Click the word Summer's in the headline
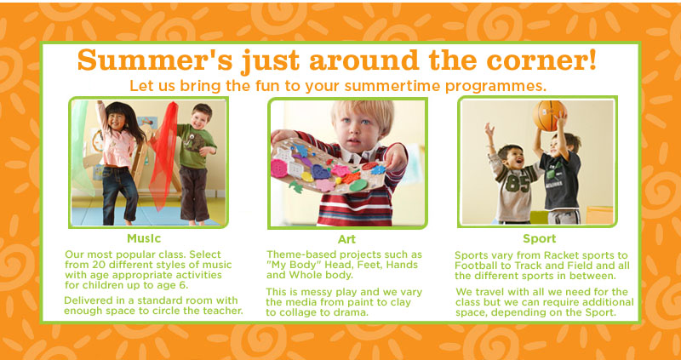pyautogui.click(x=155, y=60)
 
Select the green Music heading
pyautogui.click(x=144, y=238)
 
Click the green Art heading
pyautogui.click(x=346, y=239)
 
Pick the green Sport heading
pyautogui.click(x=540, y=239)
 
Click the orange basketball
pyautogui.click(x=549, y=116)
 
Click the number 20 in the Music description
pyautogui.click(x=98, y=265)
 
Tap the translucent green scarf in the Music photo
pyautogui.click(x=82, y=147)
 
